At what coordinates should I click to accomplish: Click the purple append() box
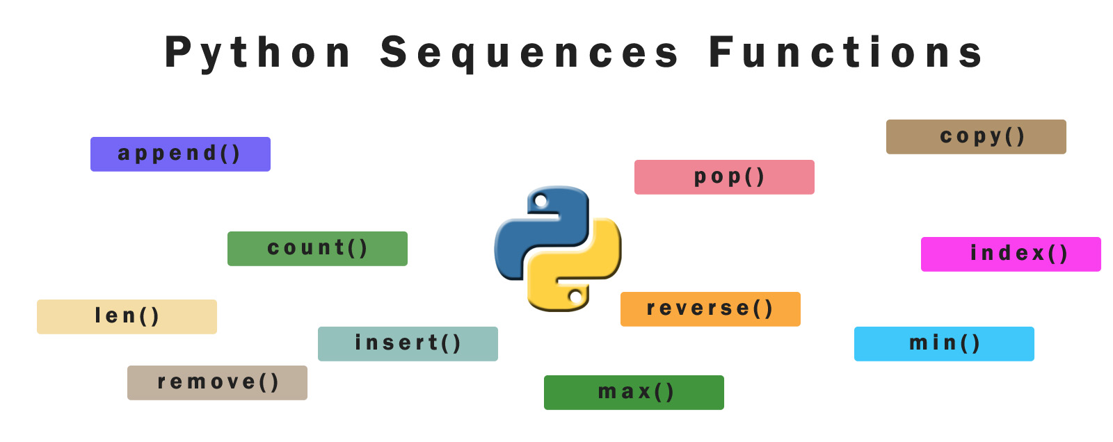point(180,154)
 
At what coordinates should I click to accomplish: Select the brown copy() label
point(975,137)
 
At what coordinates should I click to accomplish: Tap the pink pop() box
point(724,177)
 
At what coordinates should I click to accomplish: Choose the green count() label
point(317,249)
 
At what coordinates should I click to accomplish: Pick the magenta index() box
point(1011,254)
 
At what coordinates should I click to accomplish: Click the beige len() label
point(127,317)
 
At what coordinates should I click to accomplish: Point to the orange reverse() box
point(710,309)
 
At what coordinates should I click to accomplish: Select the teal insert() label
point(408,344)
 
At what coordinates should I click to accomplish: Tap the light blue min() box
point(944,344)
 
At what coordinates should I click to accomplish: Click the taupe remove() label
point(217,383)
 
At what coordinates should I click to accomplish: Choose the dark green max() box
point(634,393)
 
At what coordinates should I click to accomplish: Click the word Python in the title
point(258,54)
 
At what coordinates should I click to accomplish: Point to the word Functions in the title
point(845,54)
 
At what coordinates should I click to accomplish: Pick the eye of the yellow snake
point(575,297)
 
